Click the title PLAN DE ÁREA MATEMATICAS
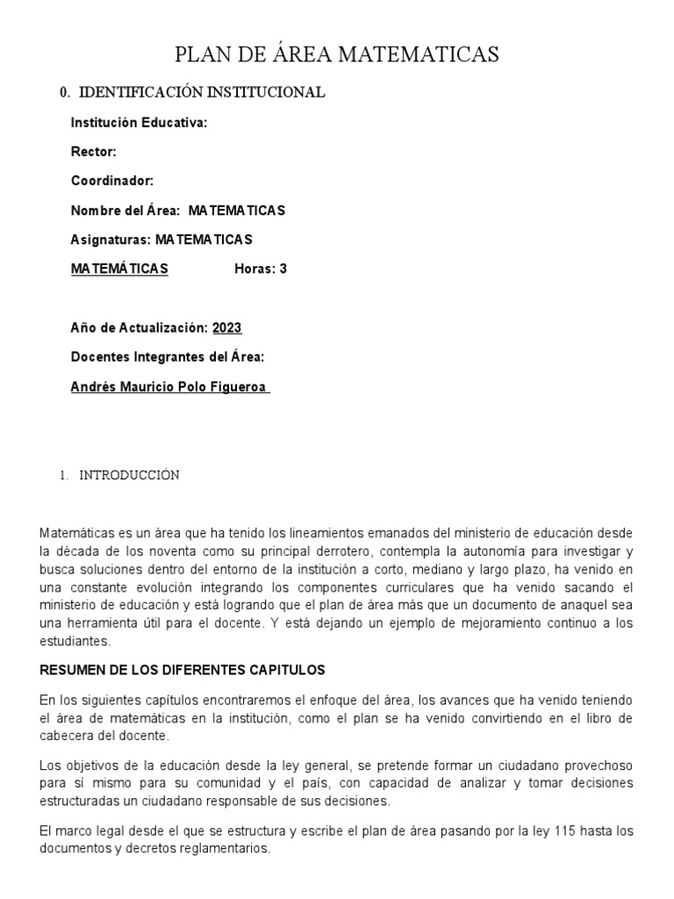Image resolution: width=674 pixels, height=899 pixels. (337, 54)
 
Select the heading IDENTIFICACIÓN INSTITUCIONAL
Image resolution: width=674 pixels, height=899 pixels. (202, 92)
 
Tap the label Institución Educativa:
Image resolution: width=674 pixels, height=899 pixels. (139, 123)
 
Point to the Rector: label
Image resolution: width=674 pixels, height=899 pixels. (93, 152)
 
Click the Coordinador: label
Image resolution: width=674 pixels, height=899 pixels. (111, 181)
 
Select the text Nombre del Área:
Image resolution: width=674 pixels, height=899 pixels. (125, 211)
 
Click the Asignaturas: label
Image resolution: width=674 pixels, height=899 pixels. (111, 240)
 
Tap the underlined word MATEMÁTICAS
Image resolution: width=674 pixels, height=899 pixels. (119, 269)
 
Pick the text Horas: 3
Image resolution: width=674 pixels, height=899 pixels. (261, 269)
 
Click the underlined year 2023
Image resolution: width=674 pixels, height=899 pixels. (227, 327)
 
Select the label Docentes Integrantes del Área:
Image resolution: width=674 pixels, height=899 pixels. (168, 357)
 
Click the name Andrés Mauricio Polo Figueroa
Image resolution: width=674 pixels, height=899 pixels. (168, 386)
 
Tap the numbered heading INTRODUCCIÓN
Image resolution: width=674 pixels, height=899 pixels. (130, 475)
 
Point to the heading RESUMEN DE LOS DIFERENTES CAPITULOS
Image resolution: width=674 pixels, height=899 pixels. (183, 670)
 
